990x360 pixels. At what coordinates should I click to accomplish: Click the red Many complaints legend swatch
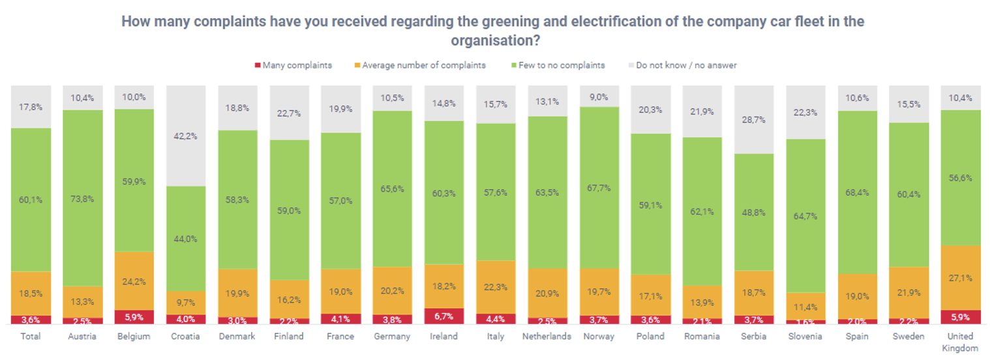258,65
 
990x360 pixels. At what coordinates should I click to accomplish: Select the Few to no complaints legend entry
558,65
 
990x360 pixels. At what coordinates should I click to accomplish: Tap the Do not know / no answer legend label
686,65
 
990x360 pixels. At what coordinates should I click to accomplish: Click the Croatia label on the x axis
185,337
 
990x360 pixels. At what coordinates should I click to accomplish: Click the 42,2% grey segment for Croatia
185,136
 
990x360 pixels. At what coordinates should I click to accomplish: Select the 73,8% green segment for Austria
82,198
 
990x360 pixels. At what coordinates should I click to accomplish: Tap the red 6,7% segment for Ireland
443,316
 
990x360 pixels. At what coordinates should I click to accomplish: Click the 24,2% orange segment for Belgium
134,281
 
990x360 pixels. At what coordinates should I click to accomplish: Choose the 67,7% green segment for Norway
598,188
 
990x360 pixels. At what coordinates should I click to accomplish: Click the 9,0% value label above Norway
598,97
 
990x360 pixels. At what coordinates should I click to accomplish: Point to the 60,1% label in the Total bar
31,200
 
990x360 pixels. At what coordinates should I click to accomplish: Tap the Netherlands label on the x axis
547,337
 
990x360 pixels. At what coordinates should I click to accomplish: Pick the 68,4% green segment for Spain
856,193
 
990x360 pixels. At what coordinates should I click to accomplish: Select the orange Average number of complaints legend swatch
357,65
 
